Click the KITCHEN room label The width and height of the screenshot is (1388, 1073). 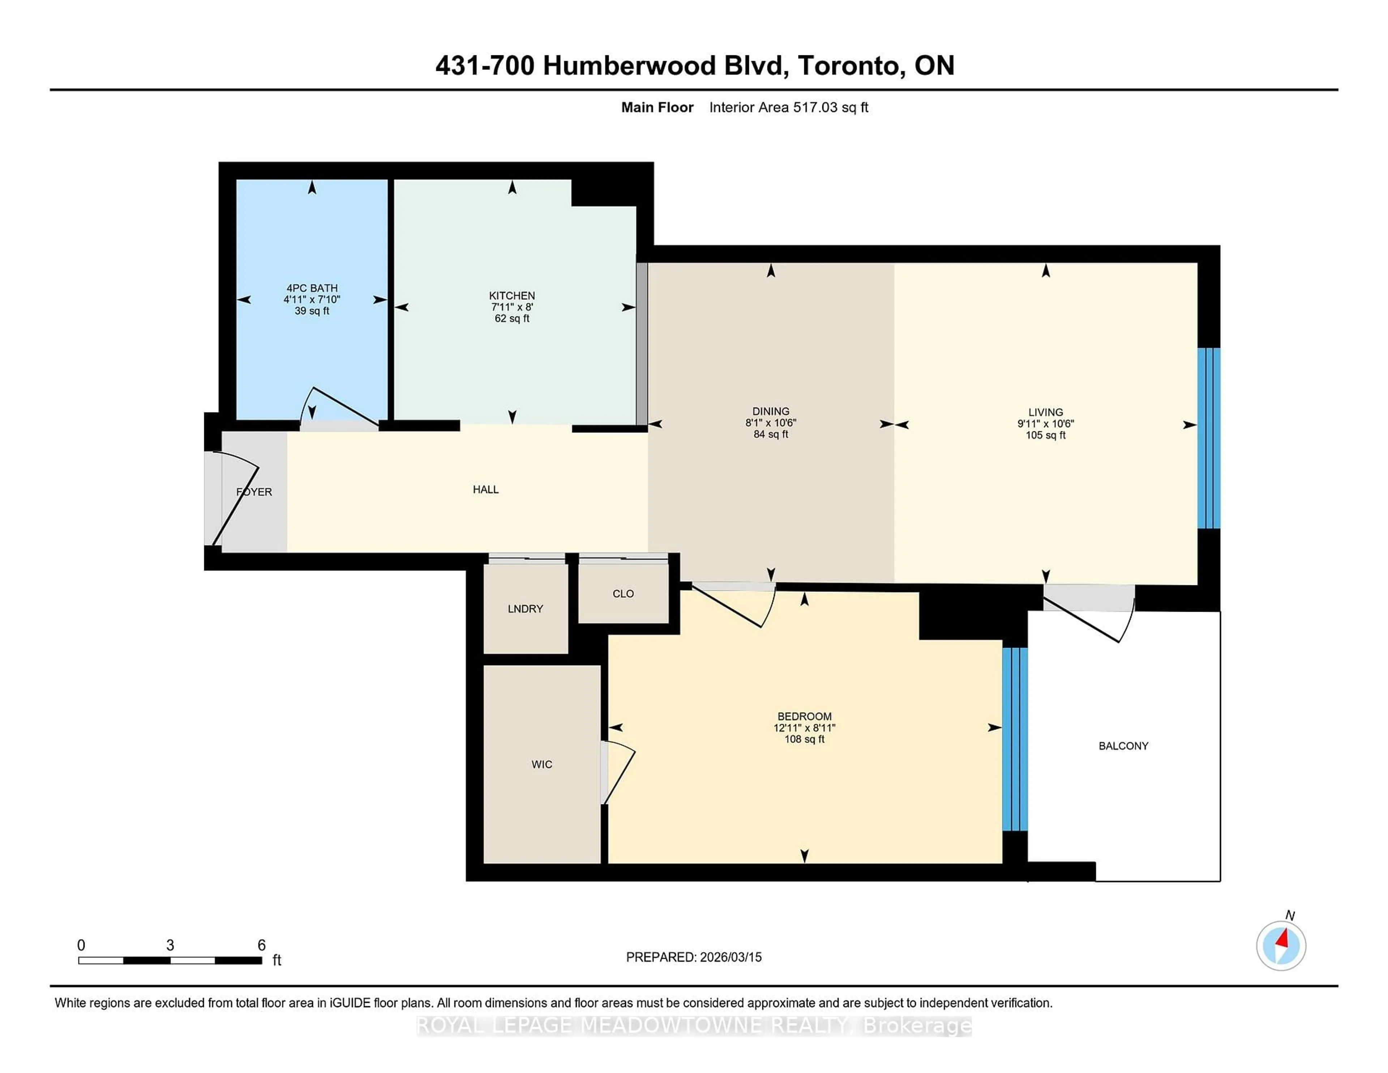(x=511, y=296)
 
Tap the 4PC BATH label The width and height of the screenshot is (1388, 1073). (x=312, y=288)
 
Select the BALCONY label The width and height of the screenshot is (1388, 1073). (x=1123, y=745)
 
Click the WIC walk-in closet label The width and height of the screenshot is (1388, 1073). (x=541, y=764)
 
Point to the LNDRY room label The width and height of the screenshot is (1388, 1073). (x=525, y=608)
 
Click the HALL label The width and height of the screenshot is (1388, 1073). (x=485, y=490)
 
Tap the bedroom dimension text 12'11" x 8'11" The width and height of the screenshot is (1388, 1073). (x=804, y=728)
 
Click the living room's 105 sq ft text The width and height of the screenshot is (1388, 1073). (x=1045, y=435)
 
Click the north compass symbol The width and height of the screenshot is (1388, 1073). (x=1281, y=946)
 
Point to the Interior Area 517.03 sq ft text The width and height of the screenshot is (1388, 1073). (x=788, y=107)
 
